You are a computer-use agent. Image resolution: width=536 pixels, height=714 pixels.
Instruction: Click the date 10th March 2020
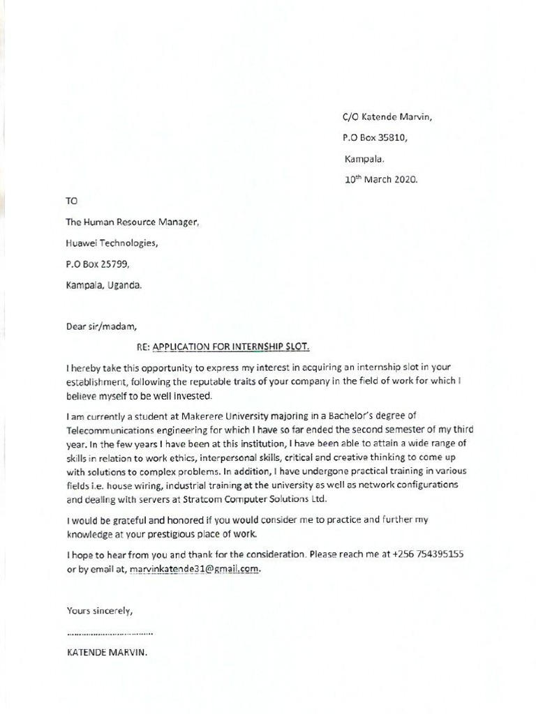click(380, 179)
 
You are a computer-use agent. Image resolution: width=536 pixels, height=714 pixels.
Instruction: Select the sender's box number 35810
click(393, 138)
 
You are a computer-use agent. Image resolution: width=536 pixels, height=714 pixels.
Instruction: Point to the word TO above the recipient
click(72, 201)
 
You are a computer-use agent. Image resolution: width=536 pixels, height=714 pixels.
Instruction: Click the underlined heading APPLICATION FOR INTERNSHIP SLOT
click(230, 346)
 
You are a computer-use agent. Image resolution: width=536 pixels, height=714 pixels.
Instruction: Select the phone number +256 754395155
click(428, 554)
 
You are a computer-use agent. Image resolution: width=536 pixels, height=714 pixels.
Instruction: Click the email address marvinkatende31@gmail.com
click(195, 569)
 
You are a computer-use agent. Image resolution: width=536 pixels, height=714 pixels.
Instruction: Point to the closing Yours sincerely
click(99, 611)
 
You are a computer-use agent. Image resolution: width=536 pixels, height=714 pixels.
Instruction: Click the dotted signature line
click(110, 633)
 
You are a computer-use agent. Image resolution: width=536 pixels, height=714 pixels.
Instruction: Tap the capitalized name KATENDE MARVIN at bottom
click(107, 653)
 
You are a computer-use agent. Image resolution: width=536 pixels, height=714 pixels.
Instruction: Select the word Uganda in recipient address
click(125, 284)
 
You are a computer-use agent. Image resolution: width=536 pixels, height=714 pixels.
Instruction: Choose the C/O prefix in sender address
click(350, 117)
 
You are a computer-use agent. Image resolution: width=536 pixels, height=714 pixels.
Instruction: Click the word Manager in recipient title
click(180, 222)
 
